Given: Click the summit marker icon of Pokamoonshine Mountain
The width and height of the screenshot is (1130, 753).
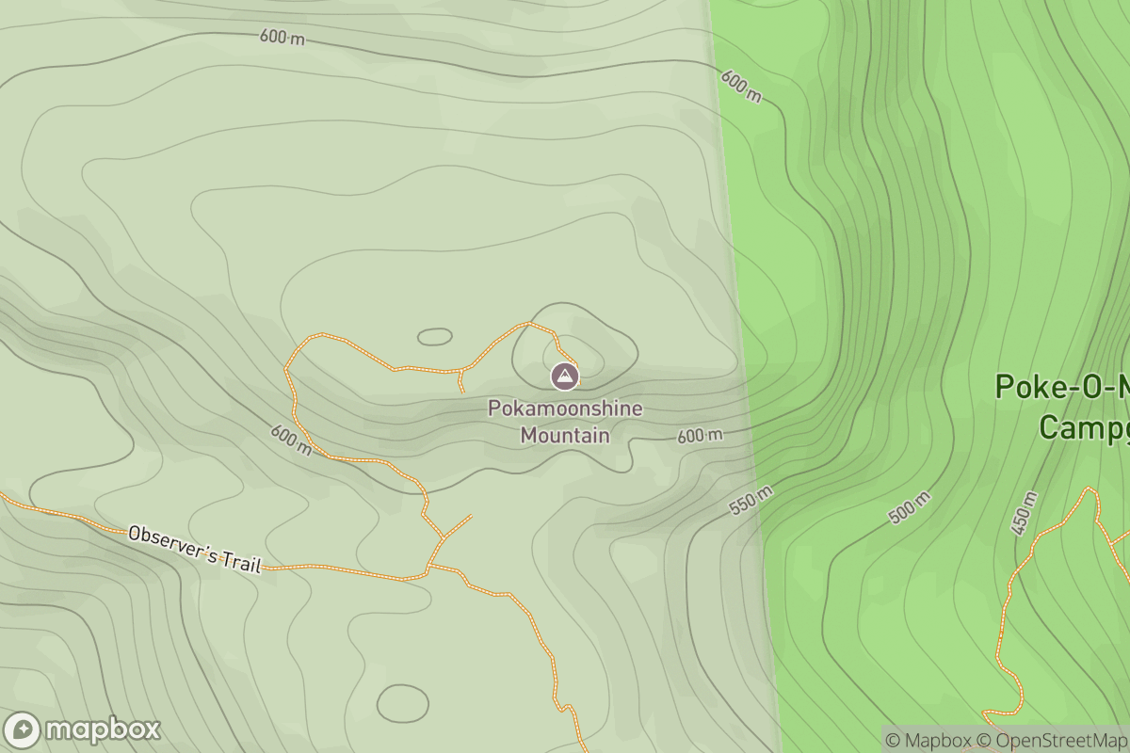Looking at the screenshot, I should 564,376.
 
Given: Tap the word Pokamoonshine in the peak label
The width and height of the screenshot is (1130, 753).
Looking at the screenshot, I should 565,409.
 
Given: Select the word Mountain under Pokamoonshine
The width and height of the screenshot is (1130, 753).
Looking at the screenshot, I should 565,435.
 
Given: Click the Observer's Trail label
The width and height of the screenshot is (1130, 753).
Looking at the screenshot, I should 194,548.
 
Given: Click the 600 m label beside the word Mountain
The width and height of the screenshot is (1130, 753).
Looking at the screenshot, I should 700,436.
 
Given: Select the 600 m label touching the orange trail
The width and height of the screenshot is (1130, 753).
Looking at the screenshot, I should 291,439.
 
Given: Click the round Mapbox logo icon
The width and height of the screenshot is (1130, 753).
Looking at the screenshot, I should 22,730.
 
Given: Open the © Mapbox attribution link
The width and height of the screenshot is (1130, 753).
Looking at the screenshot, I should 927,740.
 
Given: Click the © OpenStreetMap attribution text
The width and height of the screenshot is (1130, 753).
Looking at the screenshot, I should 1050,740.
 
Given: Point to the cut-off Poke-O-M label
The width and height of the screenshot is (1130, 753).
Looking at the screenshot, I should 1062,387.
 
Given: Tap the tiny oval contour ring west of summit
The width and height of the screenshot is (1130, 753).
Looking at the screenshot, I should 434,336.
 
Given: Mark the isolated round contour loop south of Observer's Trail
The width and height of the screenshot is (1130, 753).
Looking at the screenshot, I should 402,702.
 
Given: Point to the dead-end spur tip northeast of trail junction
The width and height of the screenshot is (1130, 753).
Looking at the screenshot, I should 471,516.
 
